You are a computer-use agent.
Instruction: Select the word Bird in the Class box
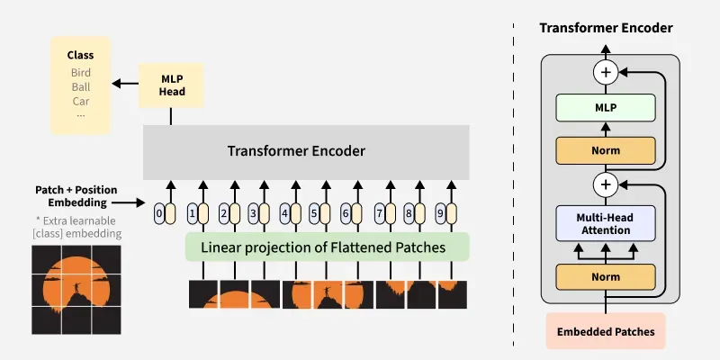click(x=81, y=72)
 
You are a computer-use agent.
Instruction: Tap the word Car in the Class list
click(x=81, y=101)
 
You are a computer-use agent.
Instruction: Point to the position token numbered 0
click(x=159, y=214)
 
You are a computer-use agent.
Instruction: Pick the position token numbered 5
click(x=314, y=214)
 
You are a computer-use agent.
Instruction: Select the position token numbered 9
click(x=439, y=214)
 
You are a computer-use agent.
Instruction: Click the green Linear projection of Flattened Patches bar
click(x=328, y=247)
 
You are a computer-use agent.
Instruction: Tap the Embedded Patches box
click(x=606, y=332)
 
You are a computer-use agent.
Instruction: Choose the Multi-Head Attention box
click(x=606, y=224)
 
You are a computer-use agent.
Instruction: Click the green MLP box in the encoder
click(x=606, y=109)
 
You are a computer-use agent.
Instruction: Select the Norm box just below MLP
click(x=606, y=150)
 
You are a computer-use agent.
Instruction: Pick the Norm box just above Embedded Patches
click(x=606, y=276)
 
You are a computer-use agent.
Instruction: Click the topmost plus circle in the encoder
click(x=606, y=72)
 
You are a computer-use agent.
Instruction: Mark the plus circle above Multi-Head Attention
click(x=606, y=185)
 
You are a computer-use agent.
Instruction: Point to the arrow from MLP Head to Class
click(x=123, y=84)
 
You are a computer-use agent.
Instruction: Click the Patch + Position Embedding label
click(x=76, y=196)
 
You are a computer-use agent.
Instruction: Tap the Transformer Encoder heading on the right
click(x=606, y=28)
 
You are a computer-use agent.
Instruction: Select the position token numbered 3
click(x=253, y=214)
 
